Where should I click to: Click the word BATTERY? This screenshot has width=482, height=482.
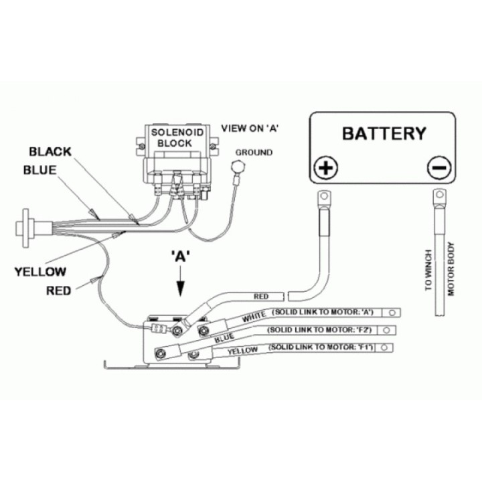click(x=384, y=133)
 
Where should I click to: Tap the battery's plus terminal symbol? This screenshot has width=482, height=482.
click(x=326, y=168)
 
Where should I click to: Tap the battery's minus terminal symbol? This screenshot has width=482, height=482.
click(x=439, y=168)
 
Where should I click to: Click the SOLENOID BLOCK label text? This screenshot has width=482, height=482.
click(x=177, y=138)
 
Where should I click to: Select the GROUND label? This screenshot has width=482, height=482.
click(x=254, y=152)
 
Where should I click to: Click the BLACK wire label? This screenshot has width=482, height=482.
click(x=50, y=151)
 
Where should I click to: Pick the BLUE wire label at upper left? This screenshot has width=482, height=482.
click(x=40, y=170)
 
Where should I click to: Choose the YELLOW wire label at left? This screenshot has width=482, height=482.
click(x=40, y=271)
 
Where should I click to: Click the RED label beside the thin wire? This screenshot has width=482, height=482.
click(x=58, y=291)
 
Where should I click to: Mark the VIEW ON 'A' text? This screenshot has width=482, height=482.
click(x=250, y=128)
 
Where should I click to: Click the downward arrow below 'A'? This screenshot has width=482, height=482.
click(x=181, y=280)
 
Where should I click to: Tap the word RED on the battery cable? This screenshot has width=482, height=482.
click(x=261, y=297)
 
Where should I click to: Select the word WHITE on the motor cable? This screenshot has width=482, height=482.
click(x=254, y=317)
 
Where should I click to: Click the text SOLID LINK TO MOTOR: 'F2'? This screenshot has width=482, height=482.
click(x=320, y=330)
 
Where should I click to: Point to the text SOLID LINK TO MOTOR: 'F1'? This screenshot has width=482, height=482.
click(x=321, y=347)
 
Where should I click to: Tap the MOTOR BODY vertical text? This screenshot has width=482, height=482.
click(x=451, y=268)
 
